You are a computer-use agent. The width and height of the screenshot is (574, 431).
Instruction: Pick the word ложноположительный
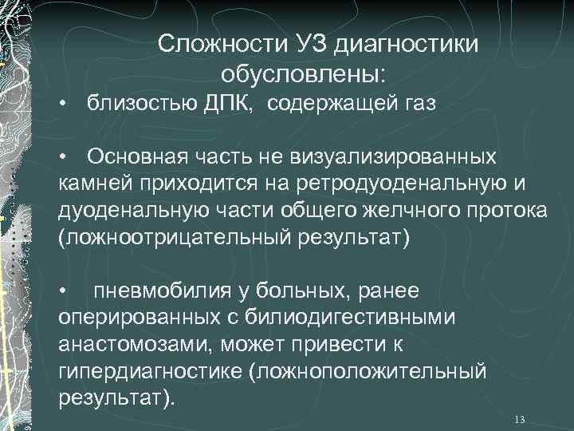(379, 372)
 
